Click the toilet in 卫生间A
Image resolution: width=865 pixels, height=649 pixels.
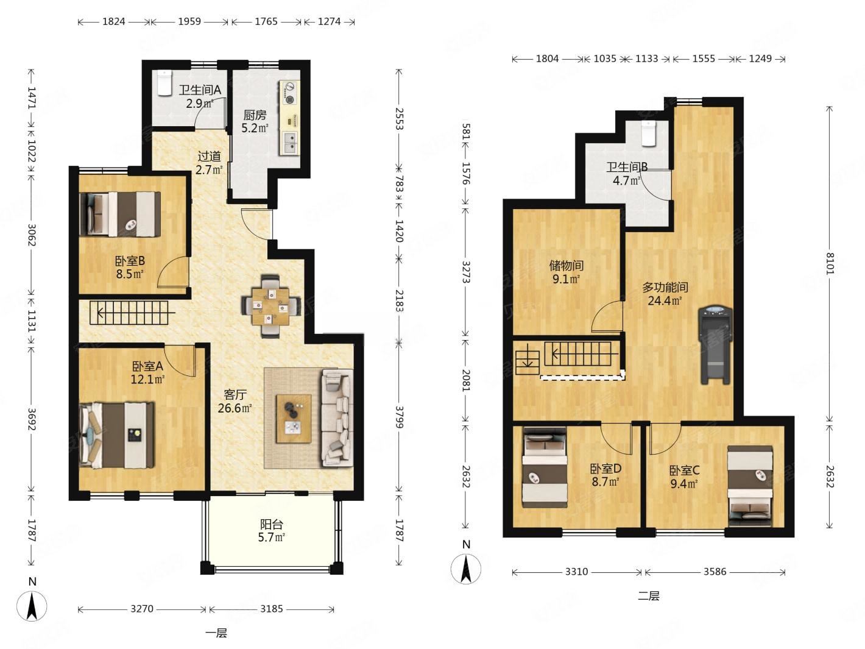pyautogui.click(x=163, y=83)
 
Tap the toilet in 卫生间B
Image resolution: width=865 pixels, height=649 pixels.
pyautogui.click(x=648, y=134)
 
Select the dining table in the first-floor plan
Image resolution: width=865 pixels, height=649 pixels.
pyautogui.click(x=270, y=306)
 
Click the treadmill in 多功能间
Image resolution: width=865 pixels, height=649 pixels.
pyautogui.click(x=715, y=345)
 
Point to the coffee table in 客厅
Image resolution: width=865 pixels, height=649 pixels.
pyautogui.click(x=294, y=419)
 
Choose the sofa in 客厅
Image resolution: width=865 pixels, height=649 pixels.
pyautogui.click(x=337, y=418)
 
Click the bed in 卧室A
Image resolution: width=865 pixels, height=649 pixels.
pyautogui.click(x=117, y=435)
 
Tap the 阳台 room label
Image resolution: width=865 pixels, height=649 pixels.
pyautogui.click(x=272, y=525)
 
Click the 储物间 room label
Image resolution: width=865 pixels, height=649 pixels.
pyautogui.click(x=566, y=266)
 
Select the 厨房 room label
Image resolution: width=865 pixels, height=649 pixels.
pyautogui.click(x=255, y=115)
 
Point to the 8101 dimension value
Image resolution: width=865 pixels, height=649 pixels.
pyautogui.click(x=830, y=264)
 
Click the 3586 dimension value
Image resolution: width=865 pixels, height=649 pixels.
pyautogui.click(x=715, y=572)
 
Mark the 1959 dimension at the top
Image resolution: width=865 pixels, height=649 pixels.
pyautogui.click(x=189, y=21)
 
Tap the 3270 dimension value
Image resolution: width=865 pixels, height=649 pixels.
pyautogui.click(x=142, y=609)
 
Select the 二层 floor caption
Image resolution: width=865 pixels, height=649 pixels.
pyautogui.click(x=648, y=595)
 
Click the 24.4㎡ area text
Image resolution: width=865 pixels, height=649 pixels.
pyautogui.click(x=665, y=300)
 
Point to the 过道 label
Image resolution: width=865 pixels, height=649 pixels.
pyautogui.click(x=209, y=157)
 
